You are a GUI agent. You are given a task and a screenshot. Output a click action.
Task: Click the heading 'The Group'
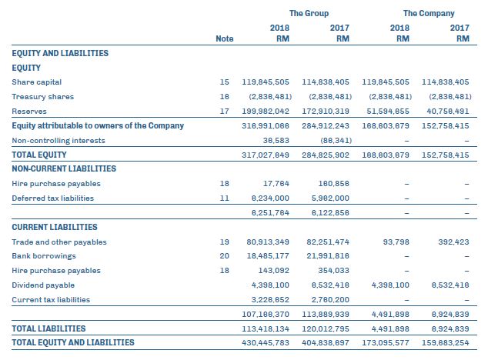[x=309, y=13]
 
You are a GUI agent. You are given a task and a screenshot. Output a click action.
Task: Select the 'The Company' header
[x=428, y=13]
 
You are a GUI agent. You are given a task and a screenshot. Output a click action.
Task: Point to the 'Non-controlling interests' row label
[x=58, y=141]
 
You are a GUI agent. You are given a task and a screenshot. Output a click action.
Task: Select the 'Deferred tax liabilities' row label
[x=53, y=198]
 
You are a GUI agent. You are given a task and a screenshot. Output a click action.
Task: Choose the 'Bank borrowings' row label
[x=43, y=256]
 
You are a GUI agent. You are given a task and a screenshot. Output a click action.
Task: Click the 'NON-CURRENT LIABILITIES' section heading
[x=64, y=168]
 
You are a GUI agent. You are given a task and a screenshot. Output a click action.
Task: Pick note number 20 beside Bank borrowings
[x=225, y=256]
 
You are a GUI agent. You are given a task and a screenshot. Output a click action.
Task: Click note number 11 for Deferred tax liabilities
[x=225, y=198]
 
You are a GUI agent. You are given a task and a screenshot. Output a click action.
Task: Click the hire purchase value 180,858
[x=333, y=184]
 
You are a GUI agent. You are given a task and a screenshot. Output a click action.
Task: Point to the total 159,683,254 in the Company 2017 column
[x=446, y=342]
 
